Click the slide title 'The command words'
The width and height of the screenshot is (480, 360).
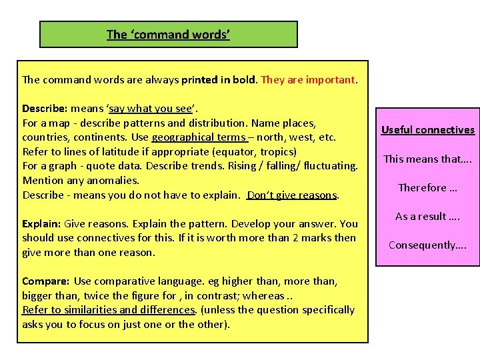click(x=168, y=35)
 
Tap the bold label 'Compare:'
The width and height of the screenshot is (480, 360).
click(x=45, y=281)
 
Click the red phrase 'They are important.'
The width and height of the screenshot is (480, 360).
click(x=309, y=80)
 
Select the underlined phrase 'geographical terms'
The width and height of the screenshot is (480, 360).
click(x=199, y=137)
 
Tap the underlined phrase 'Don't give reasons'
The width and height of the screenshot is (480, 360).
click(x=291, y=195)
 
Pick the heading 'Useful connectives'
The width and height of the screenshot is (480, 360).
click(x=428, y=130)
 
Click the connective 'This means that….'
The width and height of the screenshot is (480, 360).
click(x=428, y=159)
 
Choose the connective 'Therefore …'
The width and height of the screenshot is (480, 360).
click(x=428, y=187)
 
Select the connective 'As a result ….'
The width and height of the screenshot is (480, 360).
click(x=428, y=216)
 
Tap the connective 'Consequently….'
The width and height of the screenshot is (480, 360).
click(x=428, y=245)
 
